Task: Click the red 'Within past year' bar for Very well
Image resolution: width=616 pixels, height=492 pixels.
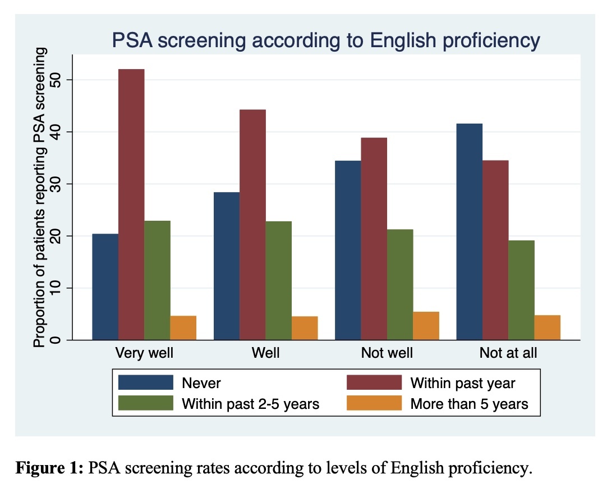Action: coord(131,204)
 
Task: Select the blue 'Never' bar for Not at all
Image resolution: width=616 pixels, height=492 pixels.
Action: coord(469,231)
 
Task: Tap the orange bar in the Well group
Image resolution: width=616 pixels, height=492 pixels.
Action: coord(305,328)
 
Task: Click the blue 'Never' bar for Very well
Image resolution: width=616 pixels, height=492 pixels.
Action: coord(105,286)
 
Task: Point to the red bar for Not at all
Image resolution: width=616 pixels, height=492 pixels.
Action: coord(495,250)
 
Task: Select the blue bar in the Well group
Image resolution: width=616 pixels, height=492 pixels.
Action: coord(227,266)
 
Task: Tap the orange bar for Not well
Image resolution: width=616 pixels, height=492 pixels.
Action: coord(426,326)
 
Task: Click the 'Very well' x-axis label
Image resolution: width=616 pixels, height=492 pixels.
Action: coord(144,353)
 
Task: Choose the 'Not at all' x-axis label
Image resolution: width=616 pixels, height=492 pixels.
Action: coord(508,353)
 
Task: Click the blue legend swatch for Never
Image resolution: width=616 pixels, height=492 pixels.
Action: coord(145,383)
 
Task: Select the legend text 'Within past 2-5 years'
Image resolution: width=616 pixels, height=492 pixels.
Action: coord(250,403)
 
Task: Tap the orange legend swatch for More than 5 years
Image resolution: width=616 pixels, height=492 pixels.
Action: coord(374,403)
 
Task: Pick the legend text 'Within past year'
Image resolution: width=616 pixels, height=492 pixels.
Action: coord(463,383)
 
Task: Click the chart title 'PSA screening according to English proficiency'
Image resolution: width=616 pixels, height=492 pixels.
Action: coord(325,40)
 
